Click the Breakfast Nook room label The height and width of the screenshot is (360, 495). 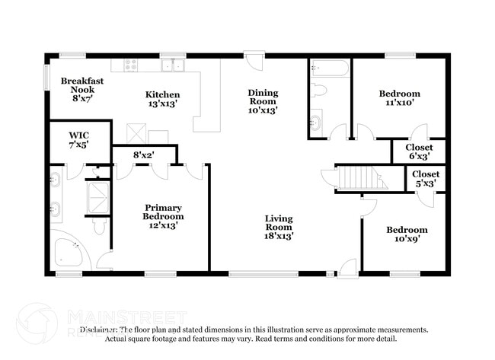pos(81,89)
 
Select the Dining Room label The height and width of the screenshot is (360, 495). pos(263,101)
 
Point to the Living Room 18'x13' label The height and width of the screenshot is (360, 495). pos(279,227)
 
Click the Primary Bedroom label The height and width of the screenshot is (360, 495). pos(164,216)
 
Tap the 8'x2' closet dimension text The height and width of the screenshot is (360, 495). pos(145,155)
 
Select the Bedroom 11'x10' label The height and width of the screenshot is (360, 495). pos(399,99)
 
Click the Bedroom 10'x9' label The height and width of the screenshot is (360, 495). pos(406,234)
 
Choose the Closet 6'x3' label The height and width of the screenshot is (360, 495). pos(418,151)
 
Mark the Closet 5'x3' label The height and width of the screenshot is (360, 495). pos(425,179)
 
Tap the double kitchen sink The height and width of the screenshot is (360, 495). pos(175,65)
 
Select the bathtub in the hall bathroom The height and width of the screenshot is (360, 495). pos(330,69)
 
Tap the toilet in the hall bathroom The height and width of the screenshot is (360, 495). pos(319,91)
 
